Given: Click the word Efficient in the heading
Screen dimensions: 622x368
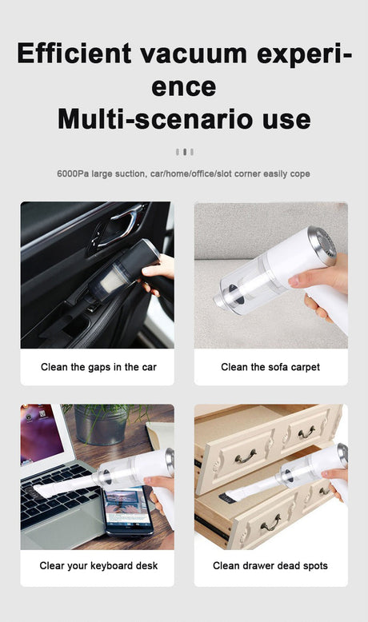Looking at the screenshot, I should tap(74, 54).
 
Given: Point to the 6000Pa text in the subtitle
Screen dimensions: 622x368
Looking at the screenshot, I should tap(73, 173).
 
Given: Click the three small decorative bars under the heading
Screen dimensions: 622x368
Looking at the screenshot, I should tap(184, 151).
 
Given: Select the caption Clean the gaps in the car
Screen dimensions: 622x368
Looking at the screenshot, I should tap(98, 368).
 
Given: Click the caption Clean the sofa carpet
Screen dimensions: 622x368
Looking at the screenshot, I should tap(270, 368).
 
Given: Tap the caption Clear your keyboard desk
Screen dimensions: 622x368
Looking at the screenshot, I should tap(98, 566).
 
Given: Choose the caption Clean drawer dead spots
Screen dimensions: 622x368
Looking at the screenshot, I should tap(270, 566).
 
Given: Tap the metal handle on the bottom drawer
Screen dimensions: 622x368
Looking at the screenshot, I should tap(270, 523).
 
